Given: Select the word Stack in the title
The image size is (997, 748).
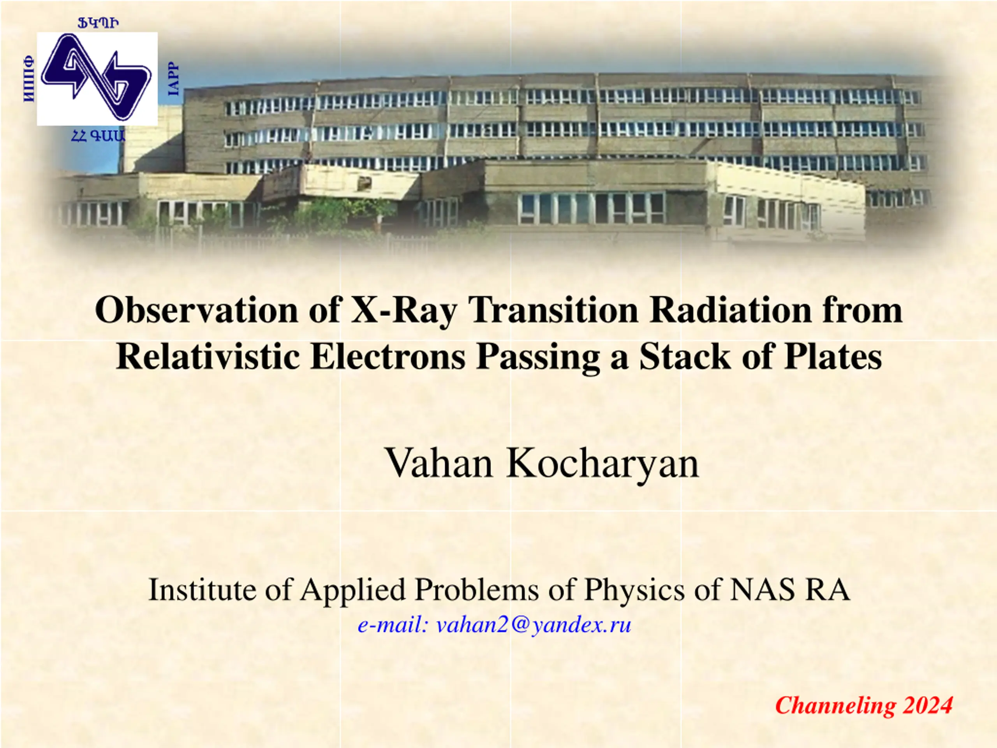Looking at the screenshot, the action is (685, 356).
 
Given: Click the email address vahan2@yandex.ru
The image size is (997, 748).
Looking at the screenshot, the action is (534, 625).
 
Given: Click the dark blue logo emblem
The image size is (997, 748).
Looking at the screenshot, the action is (97, 78).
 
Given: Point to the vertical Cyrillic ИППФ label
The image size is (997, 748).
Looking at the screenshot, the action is (28, 78).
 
